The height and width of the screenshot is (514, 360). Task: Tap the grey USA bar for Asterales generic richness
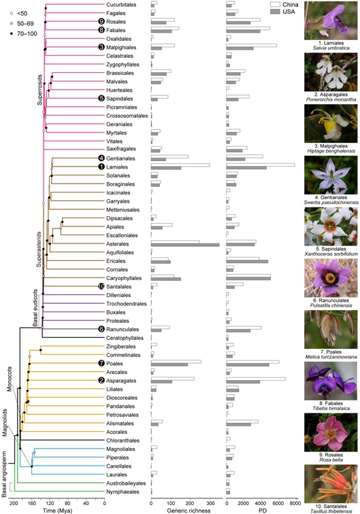(195, 244)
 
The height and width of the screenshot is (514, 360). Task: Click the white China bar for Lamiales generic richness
(180, 164)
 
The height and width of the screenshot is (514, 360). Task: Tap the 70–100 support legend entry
(18, 34)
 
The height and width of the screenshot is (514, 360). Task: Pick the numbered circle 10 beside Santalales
(101, 286)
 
